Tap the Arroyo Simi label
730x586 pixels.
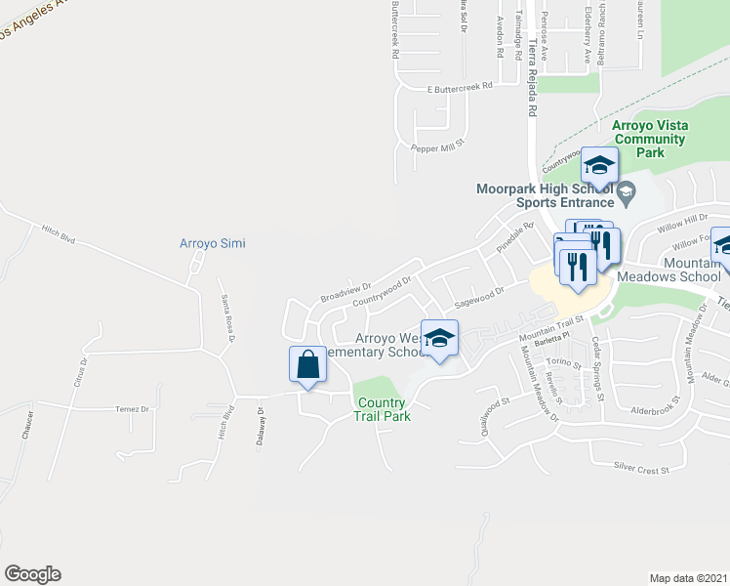click(x=212, y=243)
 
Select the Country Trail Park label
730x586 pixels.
click(x=382, y=409)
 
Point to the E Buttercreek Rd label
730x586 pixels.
click(x=460, y=88)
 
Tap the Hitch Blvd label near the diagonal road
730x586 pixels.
click(x=59, y=233)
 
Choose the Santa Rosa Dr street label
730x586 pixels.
click(x=227, y=314)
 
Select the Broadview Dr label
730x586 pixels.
click(x=346, y=292)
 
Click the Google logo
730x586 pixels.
click(x=32, y=574)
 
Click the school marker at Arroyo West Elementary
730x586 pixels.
click(x=439, y=339)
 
